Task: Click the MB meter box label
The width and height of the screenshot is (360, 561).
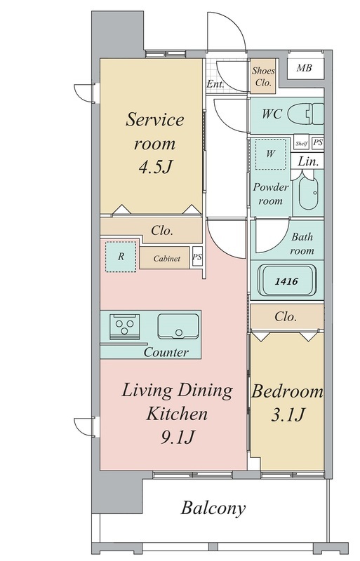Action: coord(304,67)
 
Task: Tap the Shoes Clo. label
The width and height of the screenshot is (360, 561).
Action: coord(263,76)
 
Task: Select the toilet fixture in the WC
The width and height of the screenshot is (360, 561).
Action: coord(305,114)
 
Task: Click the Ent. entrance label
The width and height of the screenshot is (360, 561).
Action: coord(215,84)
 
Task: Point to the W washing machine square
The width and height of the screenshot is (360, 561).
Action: coord(271,154)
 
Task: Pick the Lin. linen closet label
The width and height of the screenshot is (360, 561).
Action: coord(308,161)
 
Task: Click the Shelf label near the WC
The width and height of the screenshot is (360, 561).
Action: coord(301,144)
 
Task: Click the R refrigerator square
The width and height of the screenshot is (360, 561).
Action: coord(121,257)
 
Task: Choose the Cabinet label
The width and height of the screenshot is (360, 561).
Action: coord(166,258)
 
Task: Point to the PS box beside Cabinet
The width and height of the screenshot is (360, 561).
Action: coord(197,257)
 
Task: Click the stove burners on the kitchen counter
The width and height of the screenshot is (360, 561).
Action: coord(124,327)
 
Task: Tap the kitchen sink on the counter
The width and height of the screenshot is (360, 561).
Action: coord(178,326)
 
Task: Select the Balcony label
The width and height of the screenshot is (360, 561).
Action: coord(213,508)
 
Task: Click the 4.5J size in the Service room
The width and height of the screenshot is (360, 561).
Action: coord(156,167)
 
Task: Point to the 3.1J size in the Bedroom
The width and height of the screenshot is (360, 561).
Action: coord(288,415)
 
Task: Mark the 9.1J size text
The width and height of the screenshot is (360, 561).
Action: coord(178,437)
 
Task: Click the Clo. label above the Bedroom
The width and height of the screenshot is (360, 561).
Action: coord(286,317)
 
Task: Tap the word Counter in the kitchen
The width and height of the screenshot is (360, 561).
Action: coord(166,353)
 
